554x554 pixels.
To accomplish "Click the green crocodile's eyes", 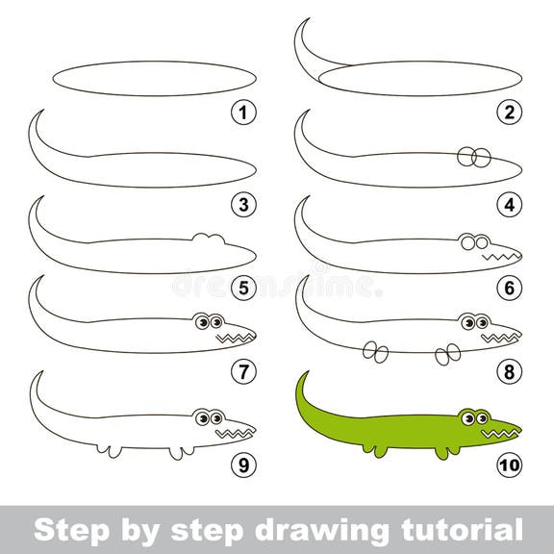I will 472,416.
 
